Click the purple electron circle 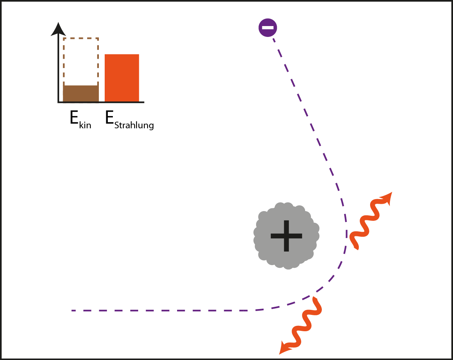[268, 28]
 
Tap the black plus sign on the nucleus [286, 236]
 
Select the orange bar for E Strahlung [122, 78]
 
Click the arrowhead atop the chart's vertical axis [58, 29]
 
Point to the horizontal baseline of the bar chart [101, 103]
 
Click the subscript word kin [84, 126]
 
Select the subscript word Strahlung [134, 126]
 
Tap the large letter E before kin [74, 118]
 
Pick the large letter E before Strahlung [109, 118]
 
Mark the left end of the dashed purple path [73, 310]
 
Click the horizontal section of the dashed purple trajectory [163, 310]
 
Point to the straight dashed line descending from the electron [307, 117]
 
